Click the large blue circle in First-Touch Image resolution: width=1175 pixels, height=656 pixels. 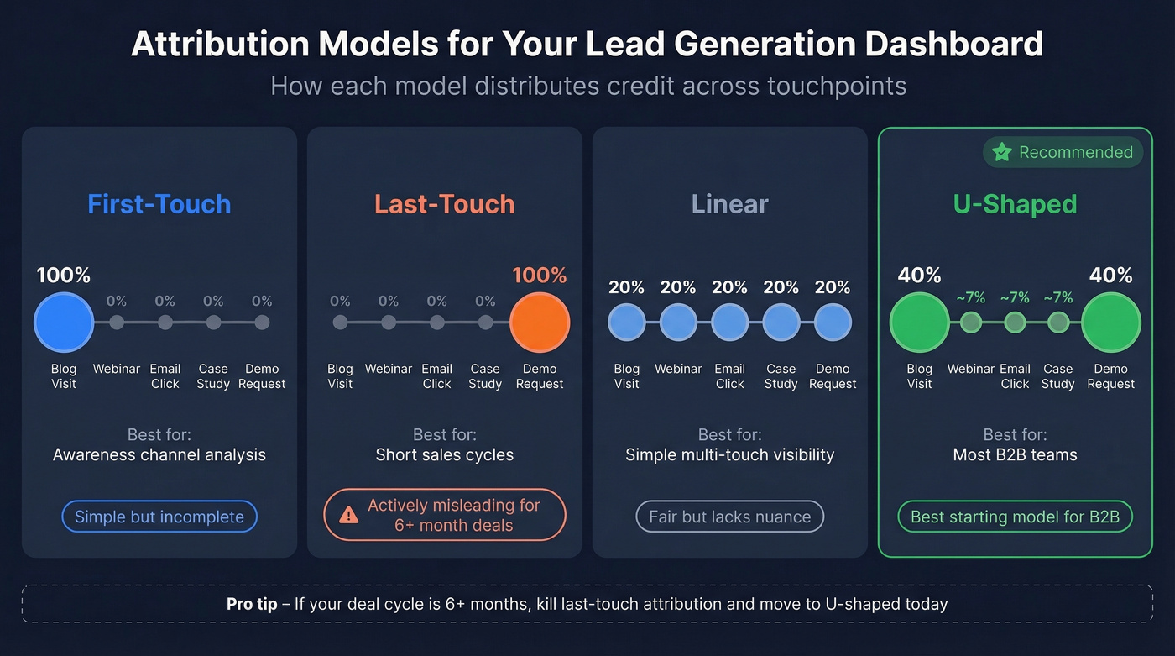(64, 323)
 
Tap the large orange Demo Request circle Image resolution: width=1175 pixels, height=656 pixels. (540, 323)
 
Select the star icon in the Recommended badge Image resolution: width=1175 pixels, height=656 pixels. (1001, 152)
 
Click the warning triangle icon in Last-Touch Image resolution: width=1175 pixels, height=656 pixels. (348, 516)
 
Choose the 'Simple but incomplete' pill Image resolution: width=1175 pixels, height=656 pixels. (159, 517)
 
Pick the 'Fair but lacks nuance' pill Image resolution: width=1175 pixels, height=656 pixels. (730, 517)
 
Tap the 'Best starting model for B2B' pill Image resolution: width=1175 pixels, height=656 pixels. (1016, 517)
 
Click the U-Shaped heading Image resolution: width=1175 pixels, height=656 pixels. (1016, 204)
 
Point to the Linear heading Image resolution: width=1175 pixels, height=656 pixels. (730, 204)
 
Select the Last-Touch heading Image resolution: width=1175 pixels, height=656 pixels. (445, 204)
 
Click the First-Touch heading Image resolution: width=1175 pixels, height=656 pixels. (159, 204)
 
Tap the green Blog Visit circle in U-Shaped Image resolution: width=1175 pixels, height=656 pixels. (919, 323)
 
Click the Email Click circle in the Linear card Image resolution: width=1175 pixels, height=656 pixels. (730, 323)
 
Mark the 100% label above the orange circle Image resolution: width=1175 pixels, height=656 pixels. (540, 276)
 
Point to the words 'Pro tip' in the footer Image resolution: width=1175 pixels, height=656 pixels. (252, 604)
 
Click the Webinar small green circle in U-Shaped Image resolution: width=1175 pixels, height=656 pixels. (971, 323)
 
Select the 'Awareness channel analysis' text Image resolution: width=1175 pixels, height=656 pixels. (159, 455)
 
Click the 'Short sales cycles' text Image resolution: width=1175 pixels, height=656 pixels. (445, 455)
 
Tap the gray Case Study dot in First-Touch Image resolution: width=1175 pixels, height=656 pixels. (214, 323)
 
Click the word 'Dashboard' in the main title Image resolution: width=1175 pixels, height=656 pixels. (954, 44)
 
